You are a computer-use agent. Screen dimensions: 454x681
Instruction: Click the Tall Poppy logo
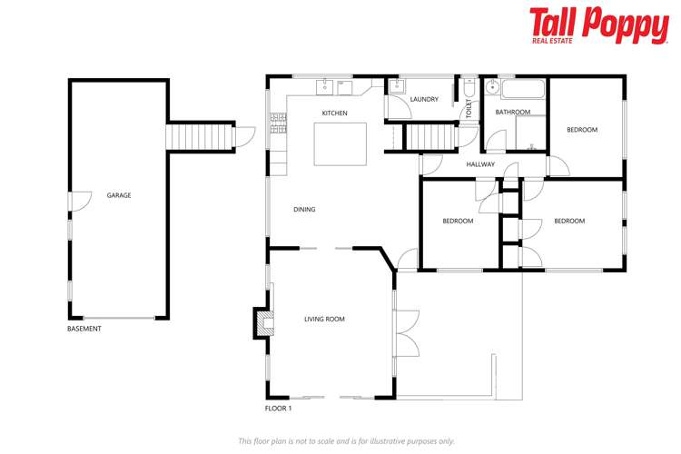point(598,25)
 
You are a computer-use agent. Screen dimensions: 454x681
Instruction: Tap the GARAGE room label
point(119,195)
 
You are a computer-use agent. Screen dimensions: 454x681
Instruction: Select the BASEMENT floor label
point(84,329)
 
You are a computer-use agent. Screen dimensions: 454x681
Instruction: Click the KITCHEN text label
point(334,113)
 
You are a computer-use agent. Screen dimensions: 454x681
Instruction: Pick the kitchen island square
point(340,143)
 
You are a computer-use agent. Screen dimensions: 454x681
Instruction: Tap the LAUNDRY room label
point(424,100)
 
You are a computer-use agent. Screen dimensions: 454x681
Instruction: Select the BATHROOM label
point(512,113)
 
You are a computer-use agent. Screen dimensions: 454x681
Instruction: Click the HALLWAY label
point(480,164)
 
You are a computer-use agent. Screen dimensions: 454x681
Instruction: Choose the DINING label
point(304,210)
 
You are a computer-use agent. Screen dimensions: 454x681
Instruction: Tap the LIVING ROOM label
point(324,319)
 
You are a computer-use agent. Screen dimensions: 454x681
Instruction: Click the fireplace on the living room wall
point(263,321)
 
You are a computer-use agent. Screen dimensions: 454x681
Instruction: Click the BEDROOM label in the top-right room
point(582,130)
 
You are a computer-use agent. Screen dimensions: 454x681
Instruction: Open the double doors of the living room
point(406,326)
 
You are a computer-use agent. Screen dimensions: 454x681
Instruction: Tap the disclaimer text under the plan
point(346,440)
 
